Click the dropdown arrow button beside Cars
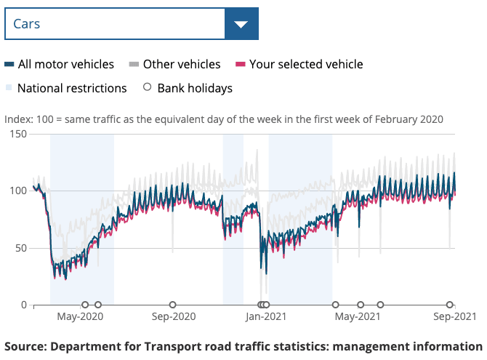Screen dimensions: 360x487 pos(241,24)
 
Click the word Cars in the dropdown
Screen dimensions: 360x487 pos(27,24)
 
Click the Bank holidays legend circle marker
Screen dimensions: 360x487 pos(148,88)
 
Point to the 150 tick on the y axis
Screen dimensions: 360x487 pos(17,135)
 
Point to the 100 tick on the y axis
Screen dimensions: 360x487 pos(17,191)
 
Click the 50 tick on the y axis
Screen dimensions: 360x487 pos(20,248)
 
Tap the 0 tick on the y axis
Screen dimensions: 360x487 pos(23,305)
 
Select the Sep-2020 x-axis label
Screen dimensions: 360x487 pos(173,317)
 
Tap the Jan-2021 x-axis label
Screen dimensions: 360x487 pos(265,317)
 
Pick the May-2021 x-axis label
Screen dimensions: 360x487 pos(358,317)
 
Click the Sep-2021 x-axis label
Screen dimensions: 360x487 pos(454,317)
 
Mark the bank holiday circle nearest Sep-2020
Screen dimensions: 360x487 pos(173,305)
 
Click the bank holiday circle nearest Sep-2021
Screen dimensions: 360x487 pos(450,305)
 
